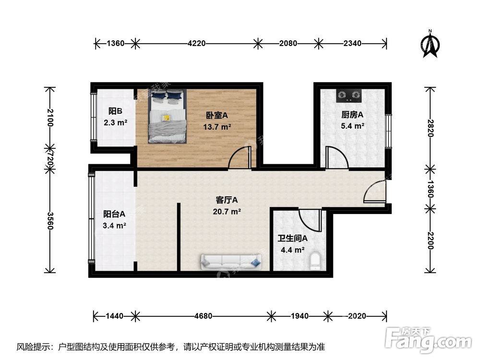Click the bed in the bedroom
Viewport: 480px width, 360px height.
click(x=168, y=116)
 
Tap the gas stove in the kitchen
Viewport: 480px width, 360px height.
click(x=348, y=96)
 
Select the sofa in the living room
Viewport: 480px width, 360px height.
click(x=231, y=262)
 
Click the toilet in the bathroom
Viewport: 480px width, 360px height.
click(x=315, y=261)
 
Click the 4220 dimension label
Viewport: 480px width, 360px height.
click(x=196, y=44)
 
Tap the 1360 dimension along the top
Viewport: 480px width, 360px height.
click(x=115, y=44)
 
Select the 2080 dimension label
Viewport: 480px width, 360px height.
click(x=288, y=44)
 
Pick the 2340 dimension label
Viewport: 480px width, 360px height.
click(x=352, y=44)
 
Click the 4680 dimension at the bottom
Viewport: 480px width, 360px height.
click(x=203, y=316)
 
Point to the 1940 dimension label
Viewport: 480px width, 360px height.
click(x=300, y=316)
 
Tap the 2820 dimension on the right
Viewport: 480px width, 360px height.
click(x=430, y=128)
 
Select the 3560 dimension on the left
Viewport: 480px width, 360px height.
click(x=50, y=221)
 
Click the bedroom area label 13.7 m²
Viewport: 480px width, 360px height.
click(x=217, y=127)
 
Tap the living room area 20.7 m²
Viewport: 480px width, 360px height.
click(x=227, y=212)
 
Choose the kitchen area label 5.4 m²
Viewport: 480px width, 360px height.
click(x=353, y=126)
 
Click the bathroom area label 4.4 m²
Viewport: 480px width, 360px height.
click(x=293, y=250)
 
